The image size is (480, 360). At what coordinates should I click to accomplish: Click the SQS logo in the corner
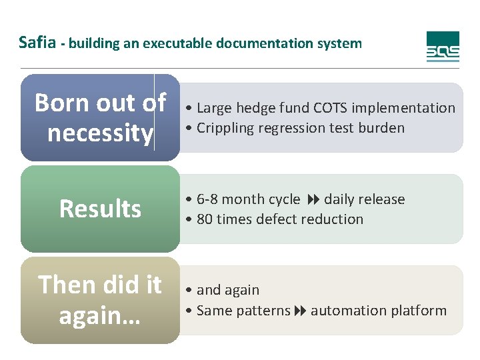[x=443, y=47]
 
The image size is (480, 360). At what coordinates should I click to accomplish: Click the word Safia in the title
[x=37, y=43]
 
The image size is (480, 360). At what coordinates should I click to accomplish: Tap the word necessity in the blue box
[x=100, y=133]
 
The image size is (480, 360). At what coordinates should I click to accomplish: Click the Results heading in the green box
[x=100, y=209]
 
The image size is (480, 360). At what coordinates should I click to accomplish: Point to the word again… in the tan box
[x=100, y=315]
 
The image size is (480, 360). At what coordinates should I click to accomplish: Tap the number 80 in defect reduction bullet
[x=205, y=219]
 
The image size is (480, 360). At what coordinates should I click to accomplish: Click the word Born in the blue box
[x=61, y=103]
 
